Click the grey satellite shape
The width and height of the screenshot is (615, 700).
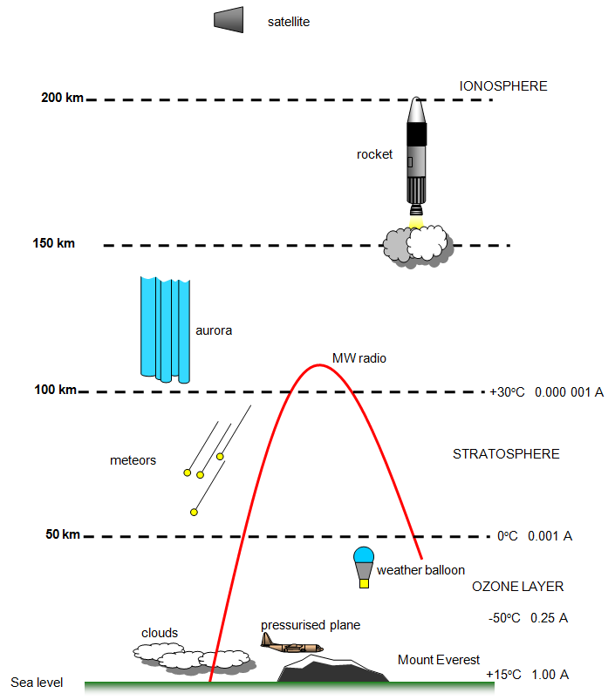tap(229, 20)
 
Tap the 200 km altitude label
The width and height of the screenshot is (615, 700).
tap(62, 98)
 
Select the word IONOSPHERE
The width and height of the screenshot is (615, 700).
tap(502, 86)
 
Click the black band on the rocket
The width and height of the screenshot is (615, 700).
tap(416, 134)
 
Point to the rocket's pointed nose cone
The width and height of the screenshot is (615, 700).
tap(416, 110)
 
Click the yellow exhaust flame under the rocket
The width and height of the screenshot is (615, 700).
tap(416, 222)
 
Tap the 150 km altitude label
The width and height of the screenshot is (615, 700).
tap(53, 243)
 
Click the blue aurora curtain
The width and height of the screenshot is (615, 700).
tap(165, 330)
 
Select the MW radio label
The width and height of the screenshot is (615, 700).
tap(359, 358)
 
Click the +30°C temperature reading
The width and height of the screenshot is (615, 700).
tap(507, 392)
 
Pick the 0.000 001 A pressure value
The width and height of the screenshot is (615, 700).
tap(569, 392)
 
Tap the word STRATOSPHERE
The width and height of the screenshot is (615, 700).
tap(506, 454)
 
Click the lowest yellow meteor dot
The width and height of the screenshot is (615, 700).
tap(194, 512)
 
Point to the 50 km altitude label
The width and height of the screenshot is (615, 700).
tap(63, 534)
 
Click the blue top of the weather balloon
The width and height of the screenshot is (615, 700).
tap(364, 555)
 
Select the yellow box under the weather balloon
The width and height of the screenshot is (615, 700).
tap(364, 583)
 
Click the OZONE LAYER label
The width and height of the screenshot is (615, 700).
tap(517, 586)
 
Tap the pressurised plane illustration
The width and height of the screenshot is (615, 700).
tap(291, 643)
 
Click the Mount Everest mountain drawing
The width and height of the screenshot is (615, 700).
tap(332, 669)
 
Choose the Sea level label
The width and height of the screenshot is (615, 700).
tap(37, 683)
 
